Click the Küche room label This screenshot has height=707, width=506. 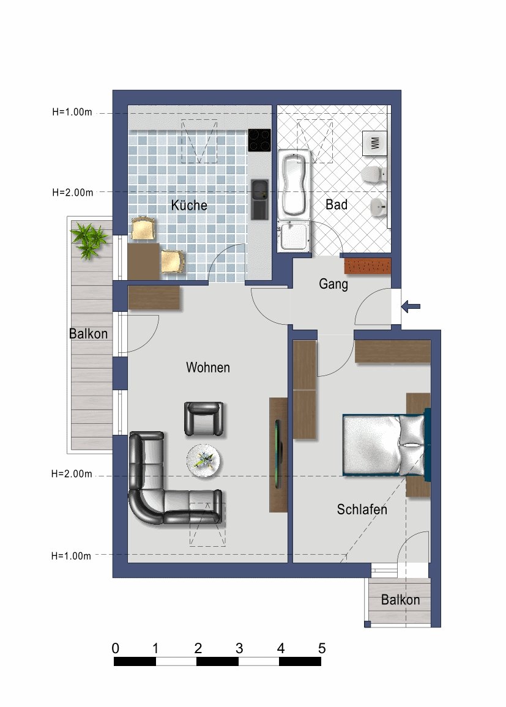pos(188,205)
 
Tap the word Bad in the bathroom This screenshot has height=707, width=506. pos(336,205)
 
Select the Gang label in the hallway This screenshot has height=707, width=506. pos(333,284)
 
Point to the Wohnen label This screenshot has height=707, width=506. pos(208,368)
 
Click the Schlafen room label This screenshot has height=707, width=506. pos(362,509)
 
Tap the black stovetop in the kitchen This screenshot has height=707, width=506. pos(260,140)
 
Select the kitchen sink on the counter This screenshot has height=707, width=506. pos(259,199)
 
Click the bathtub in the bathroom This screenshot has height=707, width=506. pos(294,183)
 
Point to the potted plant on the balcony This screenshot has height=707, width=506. pos(90,240)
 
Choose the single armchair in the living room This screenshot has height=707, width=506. pos(204,419)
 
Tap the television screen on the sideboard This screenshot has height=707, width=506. pos(278,453)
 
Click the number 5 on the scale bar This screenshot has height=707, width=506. pos(322,648)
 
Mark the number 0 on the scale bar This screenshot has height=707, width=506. pos(116,648)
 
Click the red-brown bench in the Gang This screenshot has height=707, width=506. pos(367,266)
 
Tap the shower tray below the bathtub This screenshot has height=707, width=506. pos(294,237)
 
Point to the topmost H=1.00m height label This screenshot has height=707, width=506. pos(72,113)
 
